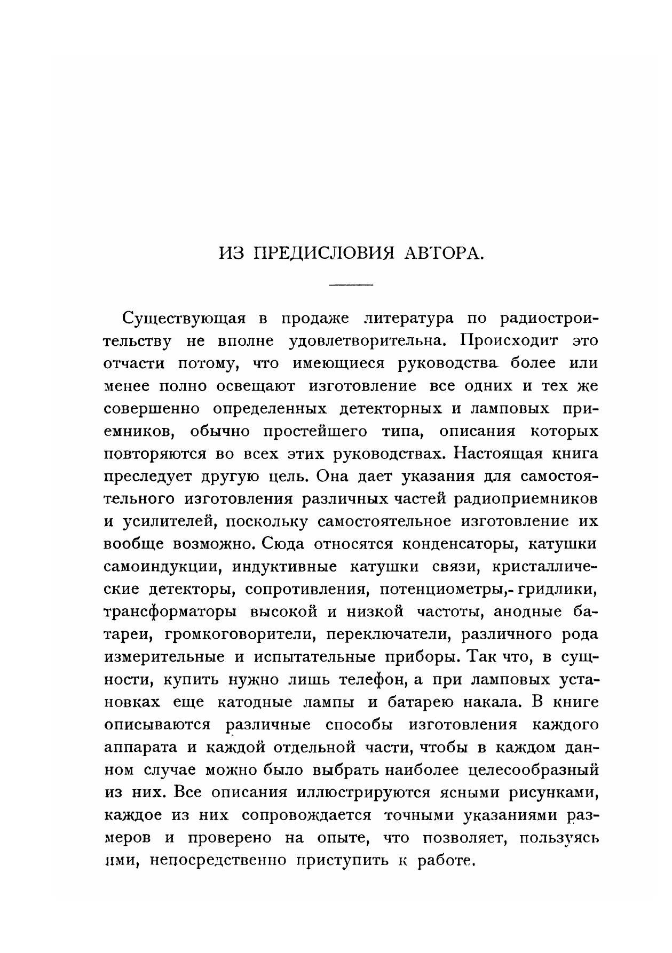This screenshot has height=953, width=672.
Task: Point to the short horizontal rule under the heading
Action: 351,284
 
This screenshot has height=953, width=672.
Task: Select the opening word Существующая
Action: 184,319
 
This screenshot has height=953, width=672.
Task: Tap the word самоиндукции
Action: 162,566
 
